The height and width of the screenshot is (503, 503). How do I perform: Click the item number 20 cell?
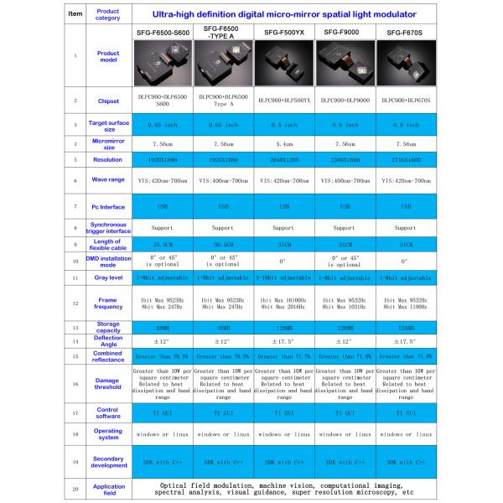click(x=75, y=487)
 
